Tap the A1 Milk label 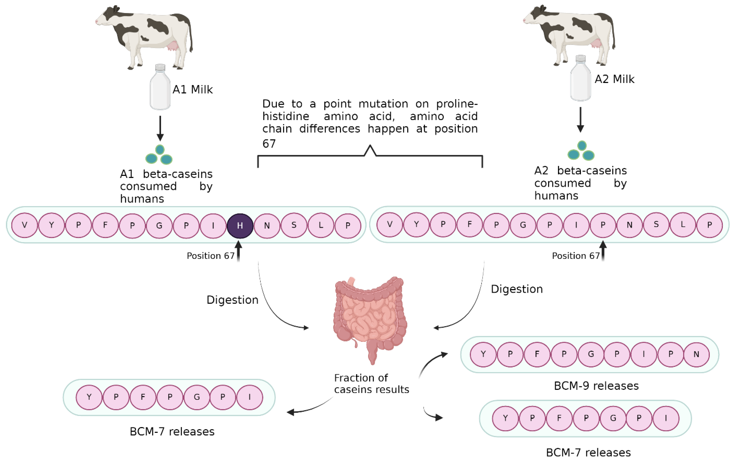point(193,89)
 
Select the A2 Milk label point(614,79)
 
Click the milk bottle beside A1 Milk point(160,87)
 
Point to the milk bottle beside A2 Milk point(581,78)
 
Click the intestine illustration point(370,318)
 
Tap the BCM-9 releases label point(596,386)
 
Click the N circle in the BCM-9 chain point(696,354)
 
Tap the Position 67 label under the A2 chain point(576,256)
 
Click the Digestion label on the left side point(232,300)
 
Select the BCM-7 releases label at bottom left point(172,432)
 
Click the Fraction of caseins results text point(371,384)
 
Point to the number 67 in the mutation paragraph point(269,144)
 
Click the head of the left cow point(105,18)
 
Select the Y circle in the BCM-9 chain point(483,354)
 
